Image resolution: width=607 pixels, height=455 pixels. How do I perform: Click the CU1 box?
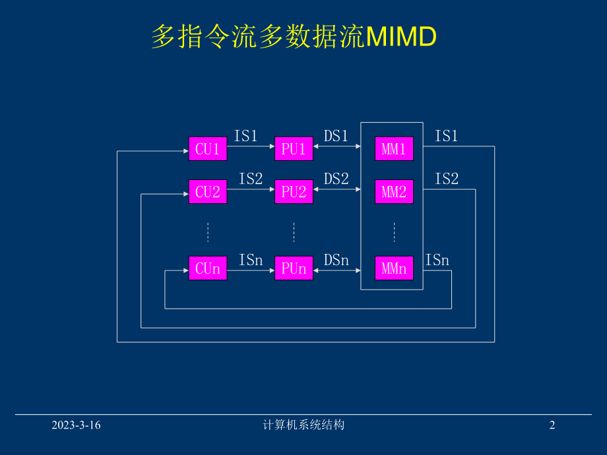click(207, 149)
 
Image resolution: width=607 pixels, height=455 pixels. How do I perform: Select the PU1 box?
click(294, 149)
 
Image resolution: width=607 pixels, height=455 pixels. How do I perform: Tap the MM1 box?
click(394, 149)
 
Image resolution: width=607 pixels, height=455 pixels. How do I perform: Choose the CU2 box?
click(207, 192)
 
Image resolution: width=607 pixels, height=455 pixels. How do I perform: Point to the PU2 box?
click(294, 192)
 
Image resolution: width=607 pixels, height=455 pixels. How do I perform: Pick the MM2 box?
click(394, 192)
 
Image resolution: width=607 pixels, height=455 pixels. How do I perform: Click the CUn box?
click(207, 268)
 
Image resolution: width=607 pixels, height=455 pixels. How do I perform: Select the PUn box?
click(294, 268)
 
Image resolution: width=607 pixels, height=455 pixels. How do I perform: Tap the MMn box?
click(394, 268)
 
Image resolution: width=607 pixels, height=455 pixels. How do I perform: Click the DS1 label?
click(336, 136)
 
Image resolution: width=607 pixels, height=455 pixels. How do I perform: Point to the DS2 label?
click(336, 179)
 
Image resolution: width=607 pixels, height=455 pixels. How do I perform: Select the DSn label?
click(336, 260)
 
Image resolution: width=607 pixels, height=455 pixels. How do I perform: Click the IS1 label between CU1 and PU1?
click(246, 136)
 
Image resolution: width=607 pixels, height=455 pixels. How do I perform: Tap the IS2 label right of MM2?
click(447, 179)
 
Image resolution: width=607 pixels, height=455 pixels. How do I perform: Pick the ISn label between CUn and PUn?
click(251, 260)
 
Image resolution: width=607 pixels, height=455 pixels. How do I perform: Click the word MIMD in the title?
click(400, 38)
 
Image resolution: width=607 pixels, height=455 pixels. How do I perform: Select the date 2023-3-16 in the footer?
click(77, 425)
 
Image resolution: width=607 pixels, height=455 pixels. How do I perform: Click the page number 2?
click(552, 425)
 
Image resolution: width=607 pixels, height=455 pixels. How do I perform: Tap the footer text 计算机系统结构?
click(303, 425)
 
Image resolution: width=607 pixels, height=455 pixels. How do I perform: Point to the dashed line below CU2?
click(208, 232)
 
